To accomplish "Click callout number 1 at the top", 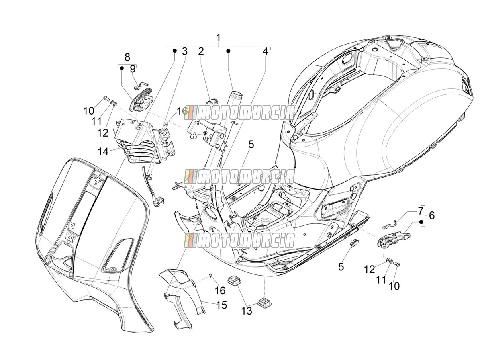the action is point(218,38).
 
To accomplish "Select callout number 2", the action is point(201,51).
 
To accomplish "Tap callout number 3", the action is point(185,51).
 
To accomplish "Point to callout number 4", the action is point(265,51).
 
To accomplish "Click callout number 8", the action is point(127,57).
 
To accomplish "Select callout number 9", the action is point(133,69).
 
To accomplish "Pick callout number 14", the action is point(103,151).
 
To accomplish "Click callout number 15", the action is point(222,305).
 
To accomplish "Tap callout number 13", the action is point(247,311).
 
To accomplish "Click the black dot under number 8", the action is point(122,68).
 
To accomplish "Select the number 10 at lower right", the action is point(394,286).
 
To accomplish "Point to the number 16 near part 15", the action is point(220,290).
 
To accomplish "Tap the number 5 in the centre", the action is point(251,145).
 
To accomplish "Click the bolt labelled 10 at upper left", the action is point(105,98).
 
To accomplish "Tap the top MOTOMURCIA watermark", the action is point(239,112).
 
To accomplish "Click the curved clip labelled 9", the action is point(141,86).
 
